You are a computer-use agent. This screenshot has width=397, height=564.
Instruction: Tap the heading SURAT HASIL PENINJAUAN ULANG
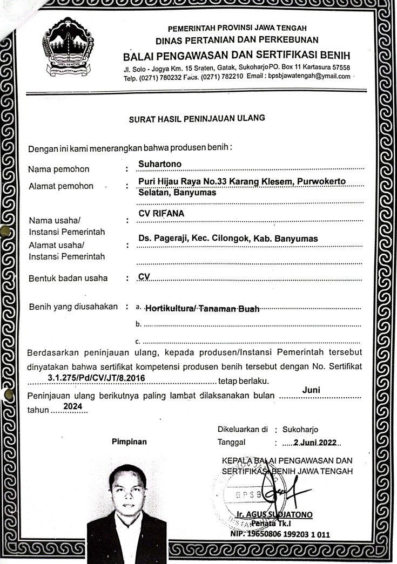tap(197, 120)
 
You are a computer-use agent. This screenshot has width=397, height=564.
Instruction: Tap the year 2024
tap(72, 406)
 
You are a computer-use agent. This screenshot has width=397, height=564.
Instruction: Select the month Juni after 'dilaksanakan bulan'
tap(312, 390)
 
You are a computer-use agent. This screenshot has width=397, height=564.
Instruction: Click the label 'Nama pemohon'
tap(59, 169)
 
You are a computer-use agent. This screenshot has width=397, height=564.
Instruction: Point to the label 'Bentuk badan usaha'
tap(68, 278)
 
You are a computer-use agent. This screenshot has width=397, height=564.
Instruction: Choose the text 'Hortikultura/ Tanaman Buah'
tap(203, 309)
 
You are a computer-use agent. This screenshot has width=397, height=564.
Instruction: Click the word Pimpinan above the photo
tap(129, 441)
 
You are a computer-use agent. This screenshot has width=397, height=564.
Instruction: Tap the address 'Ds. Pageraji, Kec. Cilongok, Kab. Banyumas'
tap(228, 239)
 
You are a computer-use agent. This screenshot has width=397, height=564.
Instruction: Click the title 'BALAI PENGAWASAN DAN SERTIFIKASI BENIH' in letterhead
tap(237, 56)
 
